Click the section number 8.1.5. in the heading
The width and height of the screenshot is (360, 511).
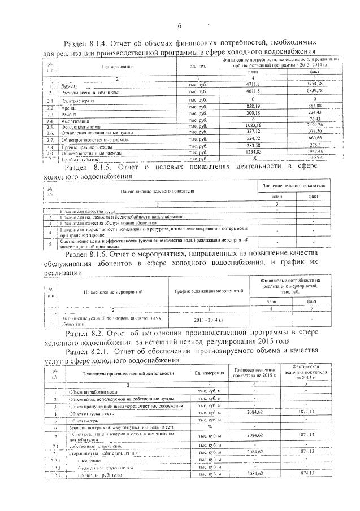(x=115, y=168)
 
